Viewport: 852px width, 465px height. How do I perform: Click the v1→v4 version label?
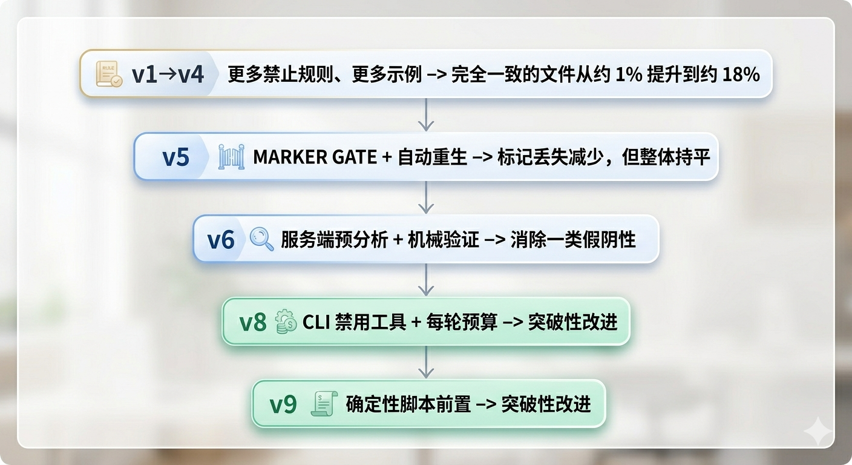pyautogui.click(x=168, y=74)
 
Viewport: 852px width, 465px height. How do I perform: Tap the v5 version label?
pyautogui.click(x=175, y=157)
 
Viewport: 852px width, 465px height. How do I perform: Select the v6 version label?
pyautogui.click(x=221, y=240)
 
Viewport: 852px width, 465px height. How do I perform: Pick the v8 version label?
pyautogui.click(x=253, y=322)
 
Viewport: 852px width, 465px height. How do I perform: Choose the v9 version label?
pyautogui.click(x=283, y=404)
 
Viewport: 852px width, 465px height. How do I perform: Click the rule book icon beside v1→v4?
pyautogui.click(x=109, y=74)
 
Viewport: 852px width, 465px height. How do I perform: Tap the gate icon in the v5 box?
pyautogui.click(x=231, y=157)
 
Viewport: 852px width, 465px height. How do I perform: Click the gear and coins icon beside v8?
pyautogui.click(x=286, y=322)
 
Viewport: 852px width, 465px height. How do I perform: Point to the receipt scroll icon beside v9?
pyautogui.click(x=323, y=404)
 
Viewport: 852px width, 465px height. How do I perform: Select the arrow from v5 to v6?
pyautogui.click(x=426, y=198)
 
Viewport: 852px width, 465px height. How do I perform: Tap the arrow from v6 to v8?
pyautogui.click(x=426, y=280)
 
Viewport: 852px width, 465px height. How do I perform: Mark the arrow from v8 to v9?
pyautogui.click(x=426, y=362)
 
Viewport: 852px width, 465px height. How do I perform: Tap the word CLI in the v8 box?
pyautogui.click(x=315, y=322)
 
